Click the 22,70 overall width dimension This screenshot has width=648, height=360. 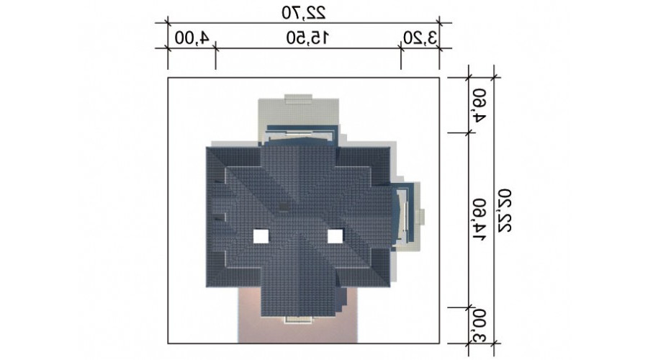pos(304,12)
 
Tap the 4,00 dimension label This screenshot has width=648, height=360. pos(192,38)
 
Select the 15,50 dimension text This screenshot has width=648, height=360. pos(308,38)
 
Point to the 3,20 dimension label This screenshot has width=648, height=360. pos(420,38)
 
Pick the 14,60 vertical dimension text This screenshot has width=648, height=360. pos(479,220)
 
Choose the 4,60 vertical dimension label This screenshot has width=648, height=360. pos(479,105)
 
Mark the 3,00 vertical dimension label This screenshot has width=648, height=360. pos(479,325)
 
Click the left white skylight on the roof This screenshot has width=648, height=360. pos(261,236)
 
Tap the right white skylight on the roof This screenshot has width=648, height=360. pos(335,236)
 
